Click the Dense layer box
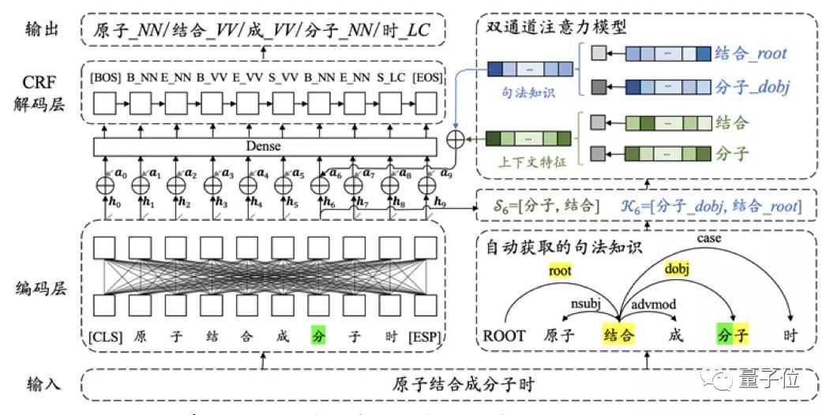(265, 146)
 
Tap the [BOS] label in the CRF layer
(105, 78)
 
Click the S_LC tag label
(390, 78)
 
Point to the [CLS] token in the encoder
(105, 335)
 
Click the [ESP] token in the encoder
(426, 335)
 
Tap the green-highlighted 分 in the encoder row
(318, 335)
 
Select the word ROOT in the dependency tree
(505, 335)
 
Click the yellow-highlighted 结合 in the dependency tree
(618, 335)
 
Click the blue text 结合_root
(750, 54)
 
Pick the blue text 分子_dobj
(750, 85)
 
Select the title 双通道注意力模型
(552, 26)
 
